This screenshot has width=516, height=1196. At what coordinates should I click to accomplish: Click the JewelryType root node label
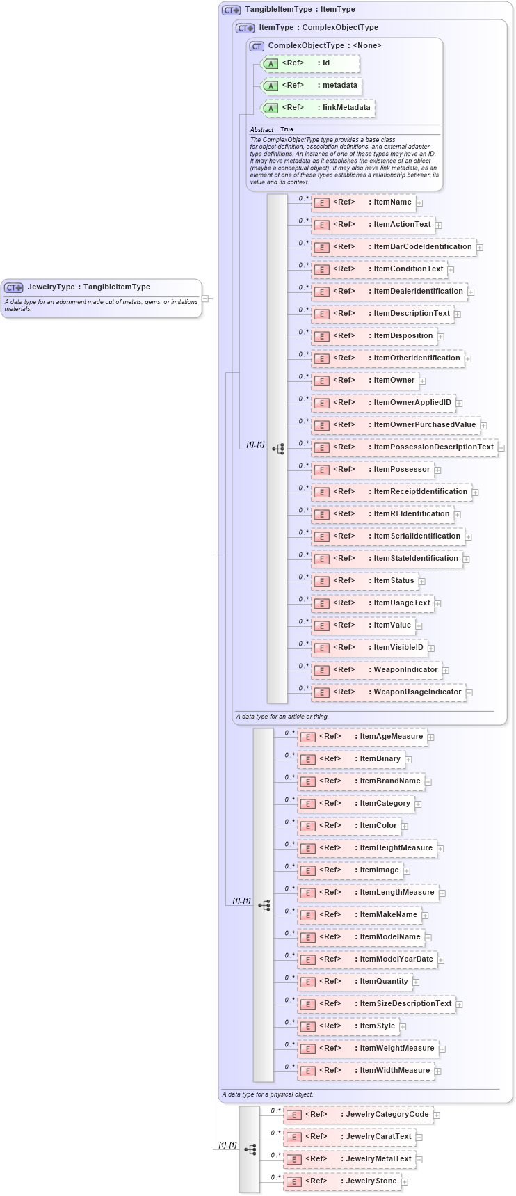tap(88, 287)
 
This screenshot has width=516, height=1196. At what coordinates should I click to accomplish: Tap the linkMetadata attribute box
tap(318, 108)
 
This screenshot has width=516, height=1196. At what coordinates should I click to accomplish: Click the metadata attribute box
tap(312, 86)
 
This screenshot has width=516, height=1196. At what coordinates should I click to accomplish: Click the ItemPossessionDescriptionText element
tap(405, 447)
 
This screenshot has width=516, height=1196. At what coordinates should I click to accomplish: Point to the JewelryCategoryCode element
tap(358, 1115)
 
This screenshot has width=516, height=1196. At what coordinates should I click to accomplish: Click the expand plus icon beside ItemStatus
tap(422, 582)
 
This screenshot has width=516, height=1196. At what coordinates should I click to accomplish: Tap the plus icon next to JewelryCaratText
tap(419, 1138)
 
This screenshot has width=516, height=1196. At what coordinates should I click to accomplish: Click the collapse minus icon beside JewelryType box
tap(205, 298)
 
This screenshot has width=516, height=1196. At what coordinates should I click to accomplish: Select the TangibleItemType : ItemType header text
tap(300, 10)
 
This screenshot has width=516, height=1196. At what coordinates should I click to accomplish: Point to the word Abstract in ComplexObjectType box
tap(261, 130)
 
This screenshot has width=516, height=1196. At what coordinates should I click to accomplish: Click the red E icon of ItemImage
tap(307, 871)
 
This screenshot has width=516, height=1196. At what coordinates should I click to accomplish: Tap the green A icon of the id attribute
tap(271, 64)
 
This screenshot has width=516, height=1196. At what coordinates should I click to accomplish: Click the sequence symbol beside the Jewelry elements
tap(250, 1149)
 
